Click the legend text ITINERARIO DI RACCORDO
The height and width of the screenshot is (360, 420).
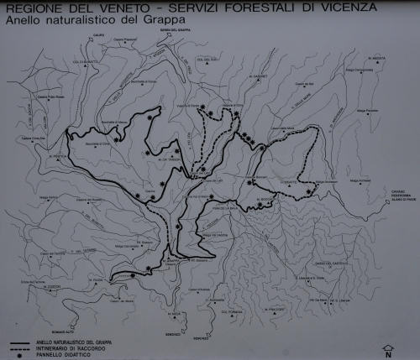click(67, 347)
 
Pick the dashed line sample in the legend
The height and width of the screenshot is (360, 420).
click(20, 347)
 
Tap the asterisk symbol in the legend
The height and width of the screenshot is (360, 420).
click(20, 353)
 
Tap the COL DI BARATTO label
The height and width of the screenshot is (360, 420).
click(86, 65)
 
